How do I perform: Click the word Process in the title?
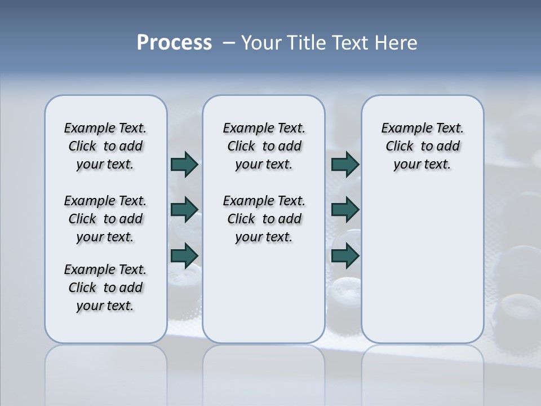pyautogui.click(x=174, y=42)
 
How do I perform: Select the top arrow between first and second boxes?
pyautogui.click(x=184, y=164)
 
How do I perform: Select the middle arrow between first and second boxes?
pyautogui.click(x=184, y=210)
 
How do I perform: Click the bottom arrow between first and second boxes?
pyautogui.click(x=184, y=255)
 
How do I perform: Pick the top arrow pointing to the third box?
pyautogui.click(x=345, y=164)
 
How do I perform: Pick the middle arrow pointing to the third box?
pyautogui.click(x=345, y=210)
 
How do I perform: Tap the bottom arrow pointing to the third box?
pyautogui.click(x=345, y=255)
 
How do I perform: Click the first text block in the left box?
pyautogui.click(x=105, y=146)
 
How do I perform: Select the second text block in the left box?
pyautogui.click(x=105, y=219)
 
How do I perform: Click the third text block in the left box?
pyautogui.click(x=105, y=288)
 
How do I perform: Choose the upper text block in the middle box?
pyautogui.click(x=264, y=146)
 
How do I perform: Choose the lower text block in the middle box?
pyautogui.click(x=264, y=219)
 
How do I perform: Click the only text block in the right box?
pyautogui.click(x=423, y=146)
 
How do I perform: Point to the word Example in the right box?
pyautogui.click(x=402, y=129)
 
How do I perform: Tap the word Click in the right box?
pyautogui.click(x=400, y=147)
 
